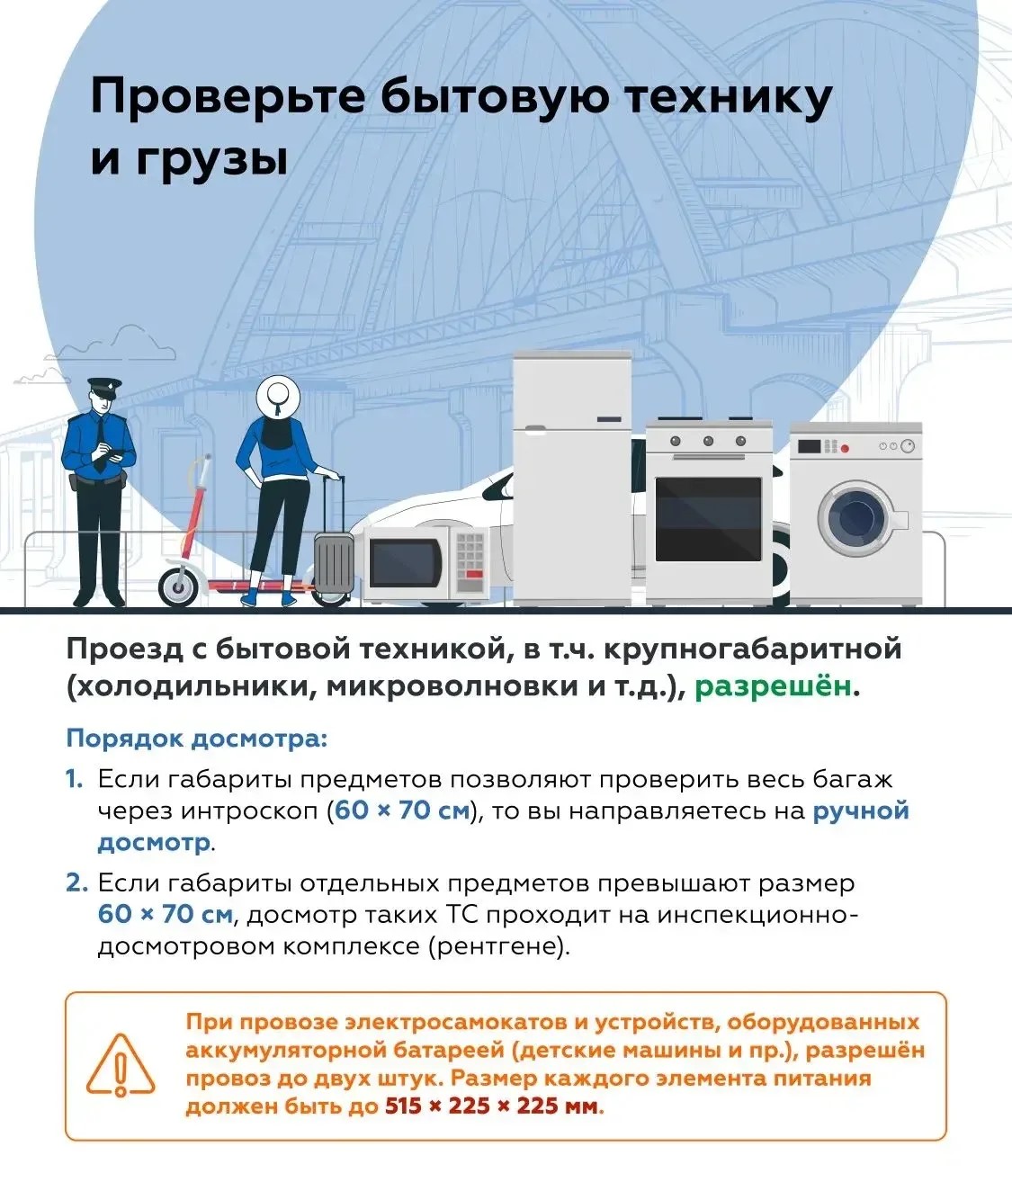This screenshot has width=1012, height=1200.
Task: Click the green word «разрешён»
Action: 773,686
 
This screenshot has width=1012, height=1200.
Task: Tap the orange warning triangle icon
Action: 120,1065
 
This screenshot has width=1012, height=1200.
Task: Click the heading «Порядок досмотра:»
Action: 197,739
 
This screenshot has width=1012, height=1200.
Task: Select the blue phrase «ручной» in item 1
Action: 861,810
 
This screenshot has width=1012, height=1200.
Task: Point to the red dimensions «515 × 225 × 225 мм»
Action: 492,1106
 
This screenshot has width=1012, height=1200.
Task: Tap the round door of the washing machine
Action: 856,518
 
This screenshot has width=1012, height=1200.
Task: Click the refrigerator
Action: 572,477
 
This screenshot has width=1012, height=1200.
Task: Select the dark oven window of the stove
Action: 708,519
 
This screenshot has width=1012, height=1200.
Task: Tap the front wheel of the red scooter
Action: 177,586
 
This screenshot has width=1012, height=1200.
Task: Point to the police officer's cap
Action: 103,387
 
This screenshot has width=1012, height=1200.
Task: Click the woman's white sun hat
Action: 276,393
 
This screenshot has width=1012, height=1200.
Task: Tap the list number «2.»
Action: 76,882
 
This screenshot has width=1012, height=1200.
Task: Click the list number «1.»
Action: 75,779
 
